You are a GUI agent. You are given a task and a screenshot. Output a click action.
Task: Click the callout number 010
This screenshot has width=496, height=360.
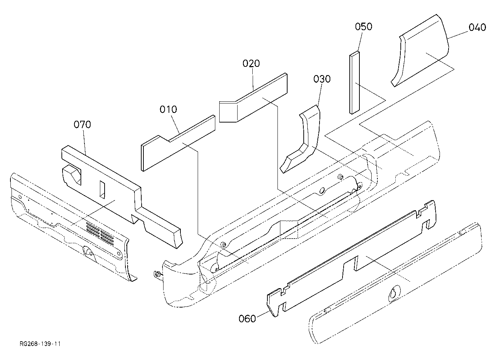pos(168,109)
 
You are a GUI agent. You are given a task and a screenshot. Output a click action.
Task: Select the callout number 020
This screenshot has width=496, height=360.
pos(251,64)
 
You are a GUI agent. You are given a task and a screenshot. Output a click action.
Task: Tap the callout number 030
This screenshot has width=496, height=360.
pos(322,79)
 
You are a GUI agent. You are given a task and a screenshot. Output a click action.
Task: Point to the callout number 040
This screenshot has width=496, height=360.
pos(477,27)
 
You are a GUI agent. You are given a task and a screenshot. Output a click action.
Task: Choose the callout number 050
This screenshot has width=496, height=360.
pos(364,27)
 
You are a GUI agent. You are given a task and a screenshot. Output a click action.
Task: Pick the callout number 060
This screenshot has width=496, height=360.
pos(247,319)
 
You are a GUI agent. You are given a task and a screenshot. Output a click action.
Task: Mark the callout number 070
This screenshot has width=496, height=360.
pos(82,125)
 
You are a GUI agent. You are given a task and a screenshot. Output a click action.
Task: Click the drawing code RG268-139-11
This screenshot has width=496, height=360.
pos(40,344)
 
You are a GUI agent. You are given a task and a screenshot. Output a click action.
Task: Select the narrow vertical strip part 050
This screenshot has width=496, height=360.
pos(354,83)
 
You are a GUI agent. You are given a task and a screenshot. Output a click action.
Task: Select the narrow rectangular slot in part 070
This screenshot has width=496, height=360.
pos(102,189)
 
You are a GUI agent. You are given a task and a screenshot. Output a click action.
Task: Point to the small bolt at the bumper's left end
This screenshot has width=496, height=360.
pos(158,275)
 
